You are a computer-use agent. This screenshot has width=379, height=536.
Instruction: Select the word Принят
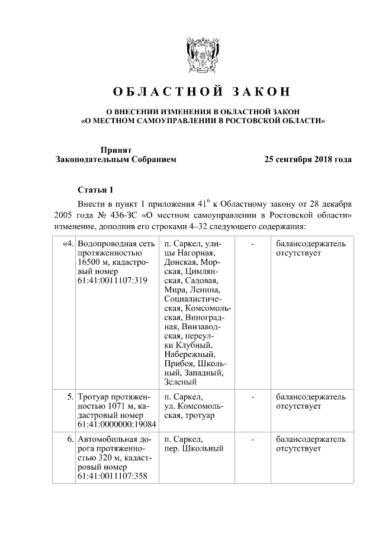(115, 150)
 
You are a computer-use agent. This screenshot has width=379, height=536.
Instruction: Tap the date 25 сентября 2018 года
(308, 159)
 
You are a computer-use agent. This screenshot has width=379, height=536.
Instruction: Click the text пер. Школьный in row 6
(194, 448)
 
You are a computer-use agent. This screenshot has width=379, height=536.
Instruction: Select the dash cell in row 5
(253, 397)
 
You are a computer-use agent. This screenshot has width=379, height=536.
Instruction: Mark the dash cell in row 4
(253, 243)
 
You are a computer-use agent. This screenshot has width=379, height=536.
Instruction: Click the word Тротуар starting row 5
(94, 397)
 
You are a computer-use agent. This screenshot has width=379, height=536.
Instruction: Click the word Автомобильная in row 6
(107, 439)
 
